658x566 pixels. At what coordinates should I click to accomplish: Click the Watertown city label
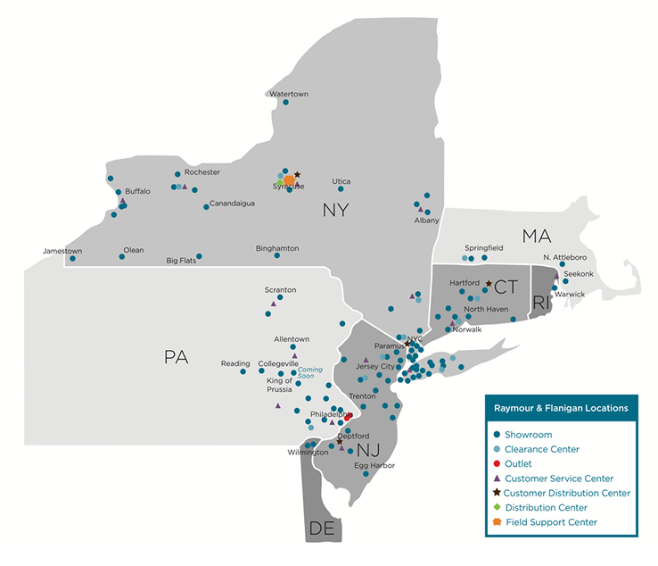pyautogui.click(x=289, y=94)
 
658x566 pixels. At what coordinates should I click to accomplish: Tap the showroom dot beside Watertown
pyautogui.click(x=285, y=103)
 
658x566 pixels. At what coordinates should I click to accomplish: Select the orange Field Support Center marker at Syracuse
pyautogui.click(x=289, y=180)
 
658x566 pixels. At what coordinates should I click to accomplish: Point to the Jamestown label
pyautogui.click(x=62, y=251)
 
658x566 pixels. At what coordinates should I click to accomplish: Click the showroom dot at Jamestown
pyautogui.click(x=72, y=259)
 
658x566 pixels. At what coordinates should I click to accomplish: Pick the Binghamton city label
pyautogui.click(x=277, y=247)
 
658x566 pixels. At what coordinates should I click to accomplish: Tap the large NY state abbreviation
pyautogui.click(x=336, y=210)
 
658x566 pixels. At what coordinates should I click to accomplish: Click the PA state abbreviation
pyautogui.click(x=177, y=357)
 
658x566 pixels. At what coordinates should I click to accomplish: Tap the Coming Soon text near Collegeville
pyautogui.click(x=310, y=372)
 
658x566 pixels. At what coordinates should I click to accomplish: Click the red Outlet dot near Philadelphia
pyautogui.click(x=350, y=416)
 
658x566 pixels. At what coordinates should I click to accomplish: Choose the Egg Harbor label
pyautogui.click(x=374, y=465)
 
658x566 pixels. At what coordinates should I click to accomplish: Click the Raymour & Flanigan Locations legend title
pyautogui.click(x=561, y=408)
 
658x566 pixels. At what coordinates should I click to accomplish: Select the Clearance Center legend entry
pyautogui.click(x=542, y=449)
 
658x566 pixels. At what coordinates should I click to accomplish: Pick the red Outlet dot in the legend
pyautogui.click(x=496, y=464)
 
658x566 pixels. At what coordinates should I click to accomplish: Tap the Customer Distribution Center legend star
pyautogui.click(x=496, y=493)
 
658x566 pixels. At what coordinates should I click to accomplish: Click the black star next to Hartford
pyautogui.click(x=488, y=283)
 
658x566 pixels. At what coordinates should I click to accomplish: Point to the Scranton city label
pyautogui.click(x=280, y=289)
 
